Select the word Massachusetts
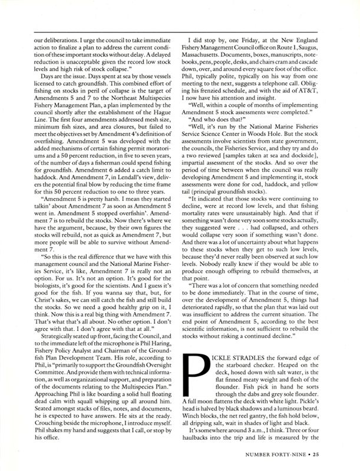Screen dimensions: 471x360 (x=211, y=45)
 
